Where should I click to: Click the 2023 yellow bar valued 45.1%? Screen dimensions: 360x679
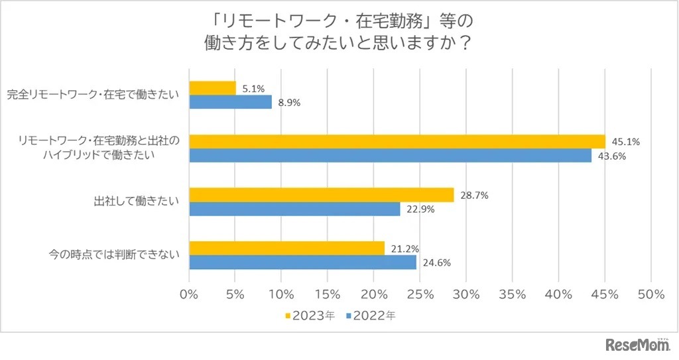click(397, 141)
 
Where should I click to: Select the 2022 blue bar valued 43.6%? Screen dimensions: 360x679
click(391, 156)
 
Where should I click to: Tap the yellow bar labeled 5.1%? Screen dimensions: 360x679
click(213, 88)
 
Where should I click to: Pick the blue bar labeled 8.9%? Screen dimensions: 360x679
click(230, 102)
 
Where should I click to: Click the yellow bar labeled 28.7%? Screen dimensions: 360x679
click(322, 195)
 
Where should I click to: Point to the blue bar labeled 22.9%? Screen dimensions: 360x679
click(295, 209)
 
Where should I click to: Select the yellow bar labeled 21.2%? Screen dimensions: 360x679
click(287, 248)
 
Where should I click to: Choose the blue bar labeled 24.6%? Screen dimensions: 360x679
click(303, 263)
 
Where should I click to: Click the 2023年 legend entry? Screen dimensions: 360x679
click(310, 316)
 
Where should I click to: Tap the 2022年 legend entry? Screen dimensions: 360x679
click(371, 316)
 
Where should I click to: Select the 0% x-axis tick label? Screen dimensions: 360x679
click(190, 293)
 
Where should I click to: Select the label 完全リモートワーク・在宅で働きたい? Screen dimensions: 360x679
click(93, 95)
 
